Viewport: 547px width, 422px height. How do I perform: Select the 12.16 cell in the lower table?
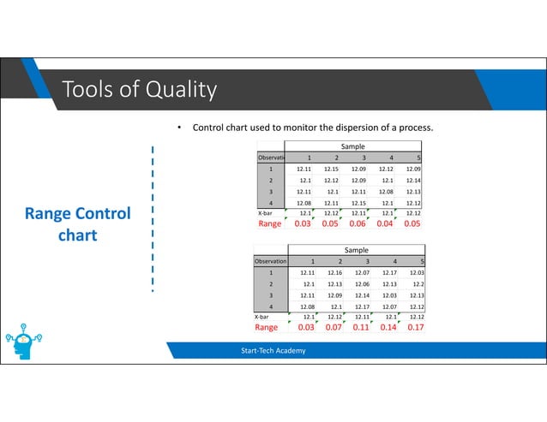click(x=334, y=272)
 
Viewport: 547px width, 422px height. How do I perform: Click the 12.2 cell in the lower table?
click(x=418, y=283)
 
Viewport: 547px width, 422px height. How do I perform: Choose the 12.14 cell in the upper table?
click(x=412, y=181)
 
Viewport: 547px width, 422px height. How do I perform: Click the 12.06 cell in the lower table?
click(x=363, y=283)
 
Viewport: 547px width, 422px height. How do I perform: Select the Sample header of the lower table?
click(x=356, y=249)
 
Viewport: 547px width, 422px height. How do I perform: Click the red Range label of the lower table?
click(x=266, y=328)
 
